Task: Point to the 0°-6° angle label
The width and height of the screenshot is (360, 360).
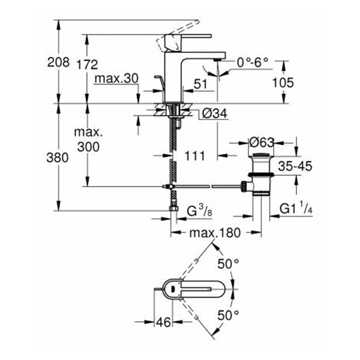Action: click(x=253, y=62)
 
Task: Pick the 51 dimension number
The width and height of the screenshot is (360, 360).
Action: click(x=200, y=85)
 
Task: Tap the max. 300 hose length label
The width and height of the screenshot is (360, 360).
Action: click(x=89, y=139)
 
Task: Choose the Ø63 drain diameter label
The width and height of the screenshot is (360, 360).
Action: click(x=262, y=143)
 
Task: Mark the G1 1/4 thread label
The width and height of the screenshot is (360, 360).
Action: click(x=296, y=210)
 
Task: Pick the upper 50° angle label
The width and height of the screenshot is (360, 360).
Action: click(x=227, y=262)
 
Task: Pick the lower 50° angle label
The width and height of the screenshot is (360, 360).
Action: click(x=227, y=314)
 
